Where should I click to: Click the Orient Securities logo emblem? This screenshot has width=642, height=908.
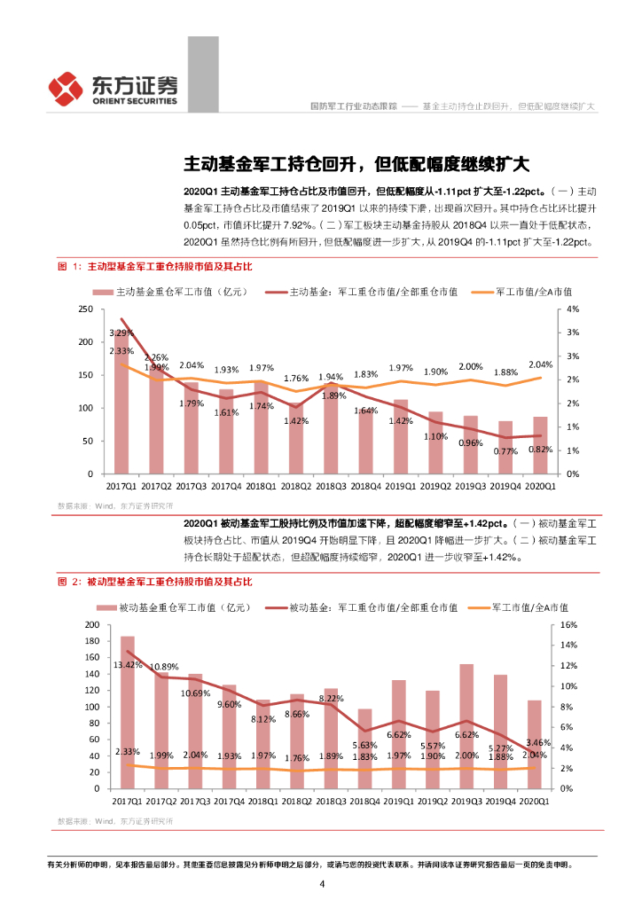click(67, 87)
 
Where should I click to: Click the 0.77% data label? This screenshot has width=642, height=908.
click(505, 451)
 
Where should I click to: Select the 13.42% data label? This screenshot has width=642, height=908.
click(128, 664)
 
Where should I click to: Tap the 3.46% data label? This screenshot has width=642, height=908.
click(538, 741)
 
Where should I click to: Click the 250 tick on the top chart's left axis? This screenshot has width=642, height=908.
click(86, 309)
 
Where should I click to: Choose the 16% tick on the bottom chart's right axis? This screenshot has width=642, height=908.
click(568, 625)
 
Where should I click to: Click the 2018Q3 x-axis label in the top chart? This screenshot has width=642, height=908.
click(331, 486)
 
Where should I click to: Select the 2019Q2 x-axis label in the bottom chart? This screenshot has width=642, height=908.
click(435, 801)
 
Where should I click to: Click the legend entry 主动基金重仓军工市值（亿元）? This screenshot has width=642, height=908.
click(174, 290)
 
